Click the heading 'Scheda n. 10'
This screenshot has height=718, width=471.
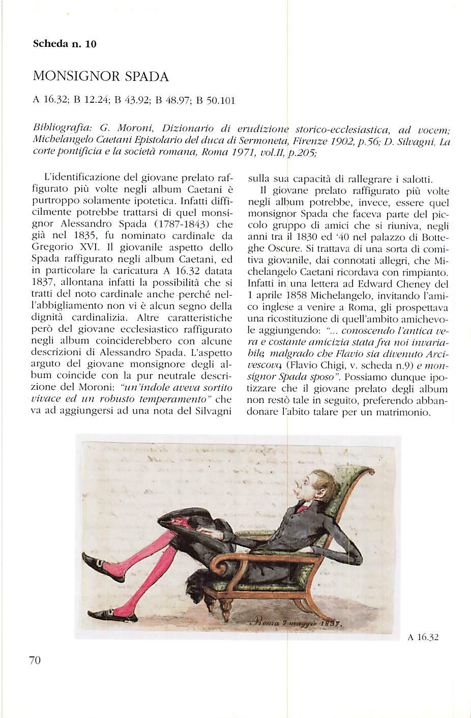(64, 44)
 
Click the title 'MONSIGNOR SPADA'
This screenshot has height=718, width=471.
(100, 77)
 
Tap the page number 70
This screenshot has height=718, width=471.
(35, 660)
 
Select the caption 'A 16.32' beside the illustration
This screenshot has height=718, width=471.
(423, 637)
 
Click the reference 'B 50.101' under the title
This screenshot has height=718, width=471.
(215, 100)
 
